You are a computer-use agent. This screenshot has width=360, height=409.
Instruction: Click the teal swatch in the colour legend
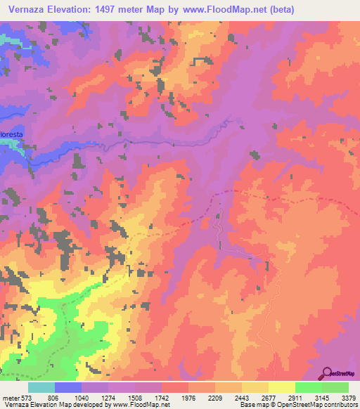point(41,387)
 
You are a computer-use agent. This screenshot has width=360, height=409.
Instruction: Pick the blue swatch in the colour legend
point(67,387)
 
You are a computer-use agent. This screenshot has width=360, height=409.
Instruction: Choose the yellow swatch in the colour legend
point(281,387)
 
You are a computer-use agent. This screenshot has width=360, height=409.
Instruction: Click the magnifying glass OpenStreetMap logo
point(328,372)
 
